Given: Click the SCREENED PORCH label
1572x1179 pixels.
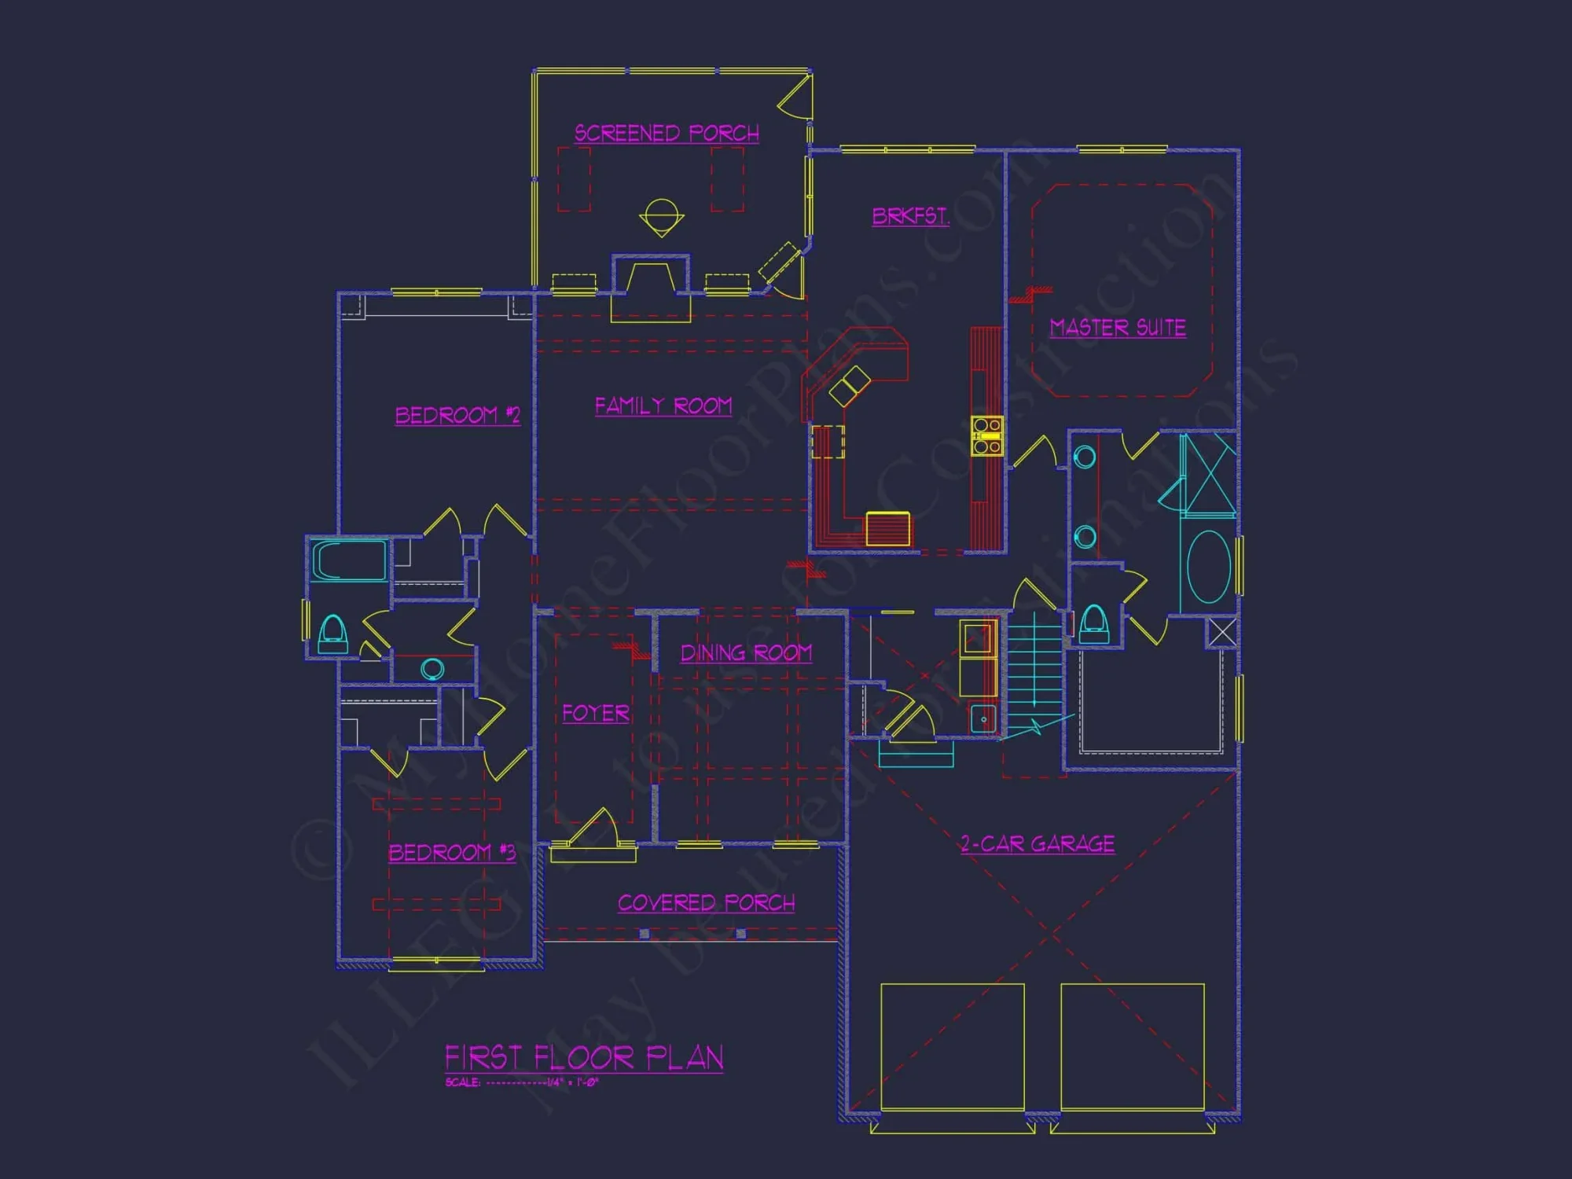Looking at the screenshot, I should point(667,133).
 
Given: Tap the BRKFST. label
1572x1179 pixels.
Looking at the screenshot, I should point(910,216).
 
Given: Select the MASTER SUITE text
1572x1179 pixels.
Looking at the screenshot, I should point(1118,327).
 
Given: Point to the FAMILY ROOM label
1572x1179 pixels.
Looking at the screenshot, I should point(663,406).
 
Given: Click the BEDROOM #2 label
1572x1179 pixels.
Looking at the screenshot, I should point(457,415).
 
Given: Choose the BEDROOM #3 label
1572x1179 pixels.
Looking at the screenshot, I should point(452,852).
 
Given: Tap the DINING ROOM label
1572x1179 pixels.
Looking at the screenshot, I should point(746,652).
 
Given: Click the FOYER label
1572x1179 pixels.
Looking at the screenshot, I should point(596,713).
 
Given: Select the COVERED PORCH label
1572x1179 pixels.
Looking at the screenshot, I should point(706,902).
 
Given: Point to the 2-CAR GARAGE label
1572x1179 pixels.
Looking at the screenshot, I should point(1038,844).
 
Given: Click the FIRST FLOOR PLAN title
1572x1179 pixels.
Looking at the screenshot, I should point(584,1057).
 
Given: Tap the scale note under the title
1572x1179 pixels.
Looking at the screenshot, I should point(522,1082).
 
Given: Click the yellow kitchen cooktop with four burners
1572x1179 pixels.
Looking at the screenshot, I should point(986,436).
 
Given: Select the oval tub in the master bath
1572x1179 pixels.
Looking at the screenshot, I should point(1209,567).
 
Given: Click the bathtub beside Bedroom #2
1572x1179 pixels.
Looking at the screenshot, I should point(349,560).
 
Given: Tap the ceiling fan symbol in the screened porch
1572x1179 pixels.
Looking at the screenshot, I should point(661,216).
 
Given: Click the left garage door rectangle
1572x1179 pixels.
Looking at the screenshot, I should point(953,1046).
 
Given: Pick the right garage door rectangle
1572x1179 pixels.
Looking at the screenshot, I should point(1133,1046).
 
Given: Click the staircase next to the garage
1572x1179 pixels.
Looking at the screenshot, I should point(1034,676).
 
